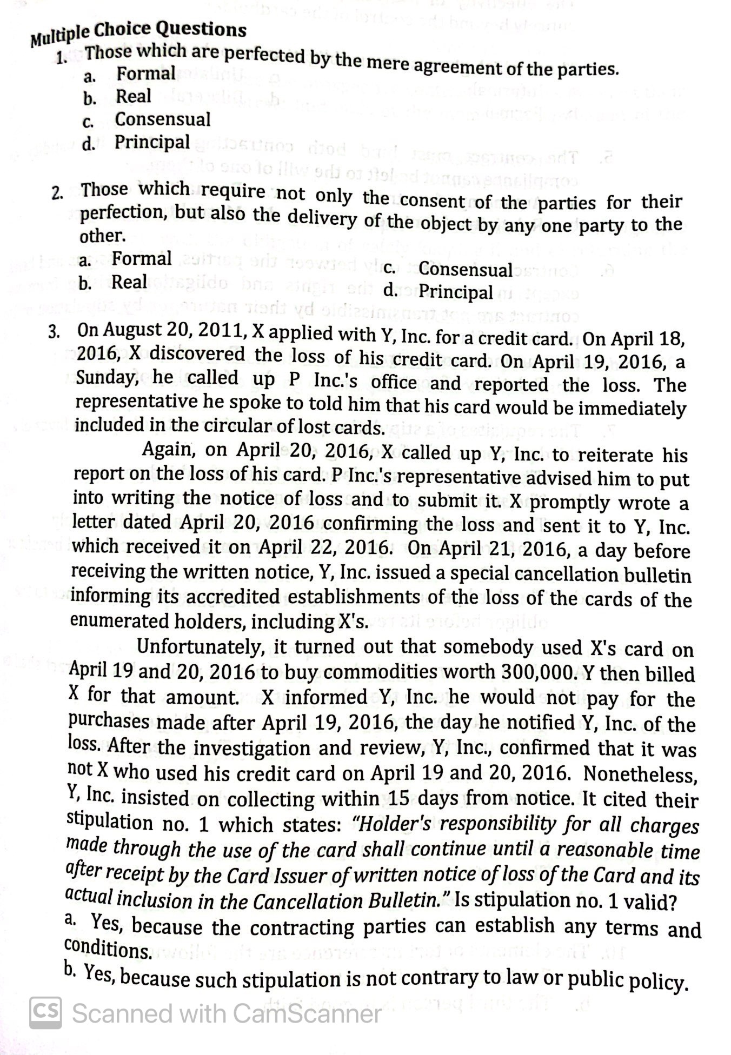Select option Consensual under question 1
pyautogui.click(x=162, y=119)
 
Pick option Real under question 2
pyautogui.click(x=129, y=282)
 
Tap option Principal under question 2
pyautogui.click(x=456, y=292)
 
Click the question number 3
pyautogui.click(x=54, y=331)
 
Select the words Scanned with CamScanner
pyautogui.click(x=226, y=1013)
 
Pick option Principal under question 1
pyautogui.click(x=152, y=143)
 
